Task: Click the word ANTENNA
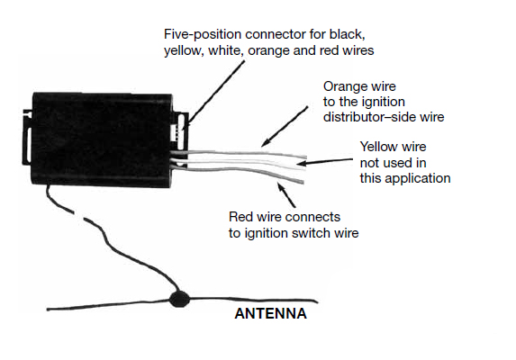pos(270,313)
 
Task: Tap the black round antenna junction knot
pos(179,299)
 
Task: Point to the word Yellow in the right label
pos(378,147)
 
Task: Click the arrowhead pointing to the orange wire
pos(266,142)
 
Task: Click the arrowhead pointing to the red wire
pos(281,187)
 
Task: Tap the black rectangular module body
pos(102,139)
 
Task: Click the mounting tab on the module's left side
pos(27,137)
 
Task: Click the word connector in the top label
pos(276,34)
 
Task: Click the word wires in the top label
pos(358,50)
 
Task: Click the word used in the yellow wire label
pos(398,163)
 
